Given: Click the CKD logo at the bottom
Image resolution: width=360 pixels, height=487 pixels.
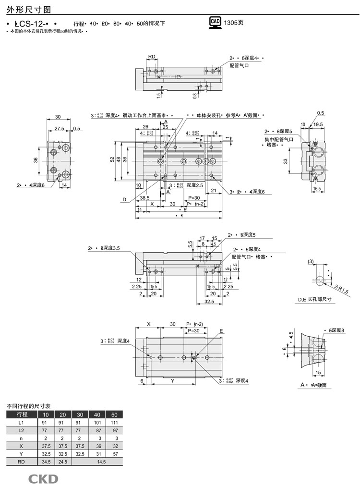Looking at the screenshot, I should [x=43, y=478].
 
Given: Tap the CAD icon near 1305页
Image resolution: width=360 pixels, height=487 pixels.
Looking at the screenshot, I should [x=215, y=23].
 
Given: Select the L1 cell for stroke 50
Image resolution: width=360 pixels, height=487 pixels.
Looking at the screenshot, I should [x=114, y=422].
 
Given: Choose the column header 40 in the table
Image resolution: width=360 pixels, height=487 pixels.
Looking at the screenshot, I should [x=97, y=414].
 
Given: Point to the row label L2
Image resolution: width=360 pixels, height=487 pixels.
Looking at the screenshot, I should [x=21, y=430].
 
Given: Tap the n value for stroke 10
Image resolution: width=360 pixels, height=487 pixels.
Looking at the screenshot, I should [x=46, y=438].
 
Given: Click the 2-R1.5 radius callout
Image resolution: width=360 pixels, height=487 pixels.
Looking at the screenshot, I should [x=340, y=288].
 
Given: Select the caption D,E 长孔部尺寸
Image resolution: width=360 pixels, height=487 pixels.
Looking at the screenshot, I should [x=315, y=299].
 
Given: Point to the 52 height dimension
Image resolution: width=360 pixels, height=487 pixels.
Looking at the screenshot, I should [x=112, y=159].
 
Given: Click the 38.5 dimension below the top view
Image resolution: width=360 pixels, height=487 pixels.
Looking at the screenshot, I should [x=144, y=197].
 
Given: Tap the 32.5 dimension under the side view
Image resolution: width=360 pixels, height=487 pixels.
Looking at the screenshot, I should [x=208, y=301].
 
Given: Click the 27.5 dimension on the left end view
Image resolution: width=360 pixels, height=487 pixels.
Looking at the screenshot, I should [x=59, y=129].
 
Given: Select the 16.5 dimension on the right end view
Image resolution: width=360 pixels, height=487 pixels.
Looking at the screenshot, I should [x=316, y=189].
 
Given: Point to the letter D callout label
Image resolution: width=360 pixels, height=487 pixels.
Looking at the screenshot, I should [x=124, y=199].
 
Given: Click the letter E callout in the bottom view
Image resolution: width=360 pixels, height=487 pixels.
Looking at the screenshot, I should [x=221, y=331].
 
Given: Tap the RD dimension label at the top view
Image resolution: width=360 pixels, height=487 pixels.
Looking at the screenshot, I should [x=152, y=57].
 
